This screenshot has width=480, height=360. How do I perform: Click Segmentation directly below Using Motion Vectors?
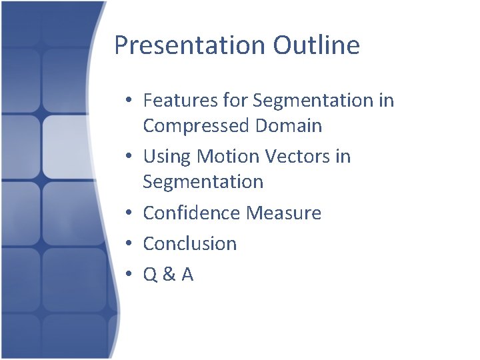[x=203, y=181]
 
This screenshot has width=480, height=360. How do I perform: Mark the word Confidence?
[x=192, y=213]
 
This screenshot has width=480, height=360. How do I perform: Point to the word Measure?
[x=284, y=213]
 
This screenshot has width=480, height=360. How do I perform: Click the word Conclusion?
[x=190, y=243]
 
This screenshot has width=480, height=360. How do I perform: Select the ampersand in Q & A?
[x=168, y=275]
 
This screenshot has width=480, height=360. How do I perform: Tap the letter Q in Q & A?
[x=151, y=275]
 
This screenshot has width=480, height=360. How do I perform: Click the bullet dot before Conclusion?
[x=130, y=244]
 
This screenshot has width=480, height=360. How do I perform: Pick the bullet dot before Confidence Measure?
[x=130, y=213]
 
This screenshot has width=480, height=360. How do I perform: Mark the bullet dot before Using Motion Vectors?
[x=130, y=157]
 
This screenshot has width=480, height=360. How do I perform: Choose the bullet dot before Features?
[x=130, y=101]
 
